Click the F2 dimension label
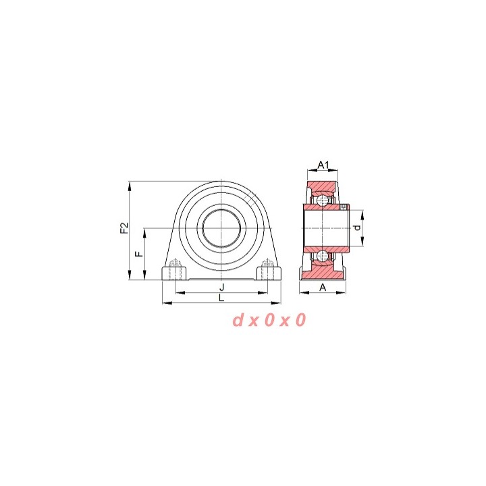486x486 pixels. point(124,228)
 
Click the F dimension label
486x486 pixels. point(140,254)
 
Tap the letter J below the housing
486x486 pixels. point(221,287)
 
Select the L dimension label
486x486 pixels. point(221,298)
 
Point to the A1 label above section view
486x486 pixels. point(323,165)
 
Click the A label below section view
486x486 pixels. point(323,288)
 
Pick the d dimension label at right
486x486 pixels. point(357,228)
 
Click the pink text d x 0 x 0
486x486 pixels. point(269,320)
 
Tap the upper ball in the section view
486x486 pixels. point(323,200)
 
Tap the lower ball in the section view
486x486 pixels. point(323,256)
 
